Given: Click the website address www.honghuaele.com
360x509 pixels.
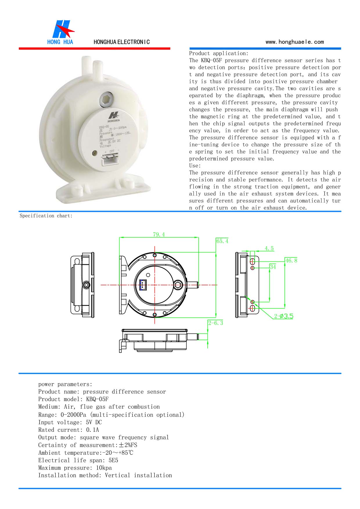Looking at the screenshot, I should pos(294,42).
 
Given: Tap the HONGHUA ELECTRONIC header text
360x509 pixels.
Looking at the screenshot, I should pos(122,42).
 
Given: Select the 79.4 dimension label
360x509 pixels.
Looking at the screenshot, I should pos(159,234).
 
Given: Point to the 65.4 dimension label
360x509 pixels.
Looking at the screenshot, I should pos(222,241).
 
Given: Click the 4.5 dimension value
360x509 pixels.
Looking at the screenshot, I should pos(269,248).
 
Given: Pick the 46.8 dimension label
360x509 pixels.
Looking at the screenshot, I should pos(291,260).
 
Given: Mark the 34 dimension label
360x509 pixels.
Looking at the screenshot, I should pos(273,266).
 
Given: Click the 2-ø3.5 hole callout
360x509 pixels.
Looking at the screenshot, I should pos(284,316).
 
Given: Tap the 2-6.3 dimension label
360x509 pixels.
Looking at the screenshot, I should pos(215,323).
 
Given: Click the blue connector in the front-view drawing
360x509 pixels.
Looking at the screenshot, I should pos(143,285).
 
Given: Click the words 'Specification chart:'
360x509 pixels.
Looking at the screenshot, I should pos(46,216).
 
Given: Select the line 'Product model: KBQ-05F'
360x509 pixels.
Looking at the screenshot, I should pos(73,399).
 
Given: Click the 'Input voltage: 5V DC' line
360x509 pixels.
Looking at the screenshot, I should pos(70,422).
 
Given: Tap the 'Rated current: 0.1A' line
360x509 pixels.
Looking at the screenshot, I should pos(69,430).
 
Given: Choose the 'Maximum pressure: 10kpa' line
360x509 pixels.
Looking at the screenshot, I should pos(75,468).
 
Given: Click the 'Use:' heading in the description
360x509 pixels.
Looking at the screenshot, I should pos(195,166).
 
